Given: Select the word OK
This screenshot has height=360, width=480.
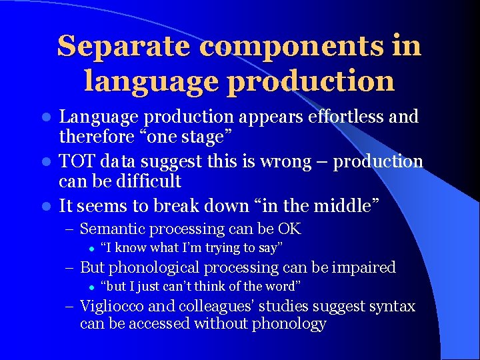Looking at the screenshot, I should point(289,229).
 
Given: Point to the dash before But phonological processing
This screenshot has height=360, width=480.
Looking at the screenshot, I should point(70,268).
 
